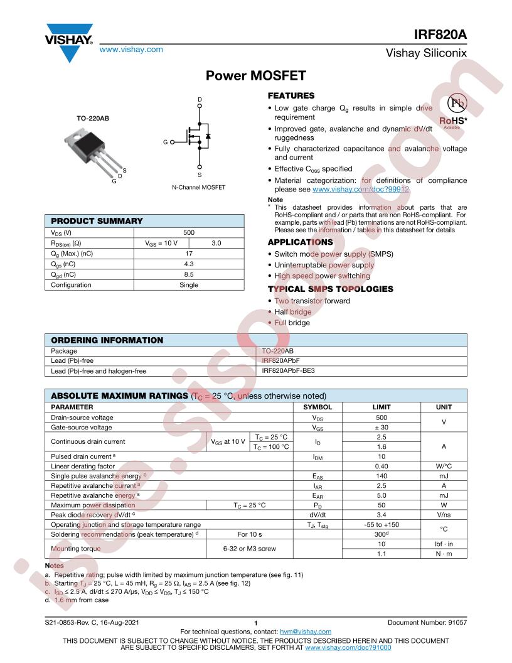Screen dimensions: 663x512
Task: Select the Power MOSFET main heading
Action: coord(256,76)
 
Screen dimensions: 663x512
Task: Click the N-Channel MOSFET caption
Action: coord(198,188)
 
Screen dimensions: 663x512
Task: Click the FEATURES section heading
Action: coord(291,96)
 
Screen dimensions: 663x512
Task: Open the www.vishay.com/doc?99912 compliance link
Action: coord(361,189)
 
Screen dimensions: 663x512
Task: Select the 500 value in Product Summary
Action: coord(189,232)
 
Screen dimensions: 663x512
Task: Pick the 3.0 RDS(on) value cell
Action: coord(216,243)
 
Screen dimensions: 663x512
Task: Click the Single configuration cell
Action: coord(189,285)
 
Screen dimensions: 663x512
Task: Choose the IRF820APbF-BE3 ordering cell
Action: coord(288,371)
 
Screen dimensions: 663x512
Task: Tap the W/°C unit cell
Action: coord(444,466)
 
